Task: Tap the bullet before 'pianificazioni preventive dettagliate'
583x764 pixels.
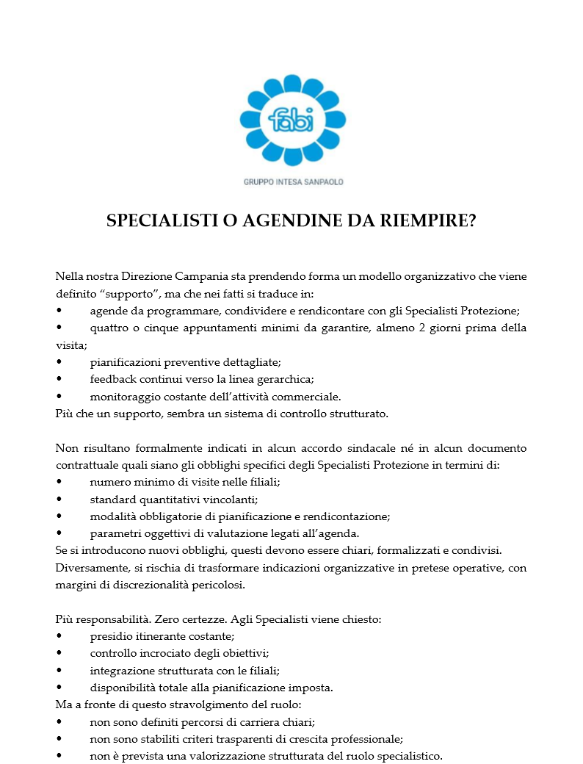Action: pyautogui.click(x=59, y=362)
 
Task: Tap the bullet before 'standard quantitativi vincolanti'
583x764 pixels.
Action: pyautogui.click(x=59, y=500)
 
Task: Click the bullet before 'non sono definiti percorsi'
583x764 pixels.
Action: pyautogui.click(x=59, y=722)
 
